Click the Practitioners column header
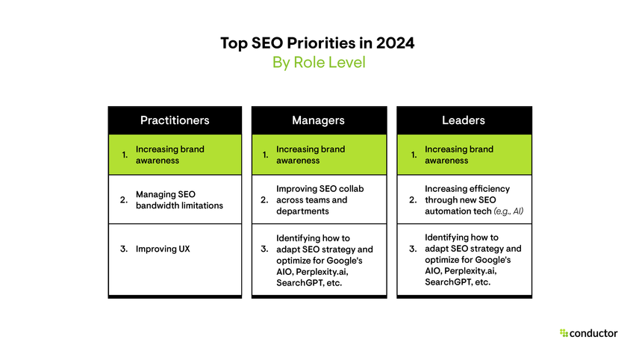click(175, 120)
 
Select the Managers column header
click(318, 120)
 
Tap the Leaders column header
click(463, 120)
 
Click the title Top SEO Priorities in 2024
click(317, 43)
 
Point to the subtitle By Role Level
click(319, 63)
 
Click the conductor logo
click(588, 333)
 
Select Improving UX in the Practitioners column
click(163, 249)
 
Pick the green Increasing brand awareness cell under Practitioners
click(175, 155)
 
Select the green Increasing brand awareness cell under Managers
click(318, 155)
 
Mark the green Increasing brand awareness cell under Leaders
click(464, 155)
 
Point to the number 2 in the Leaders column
click(412, 200)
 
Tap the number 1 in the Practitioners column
click(124, 155)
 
